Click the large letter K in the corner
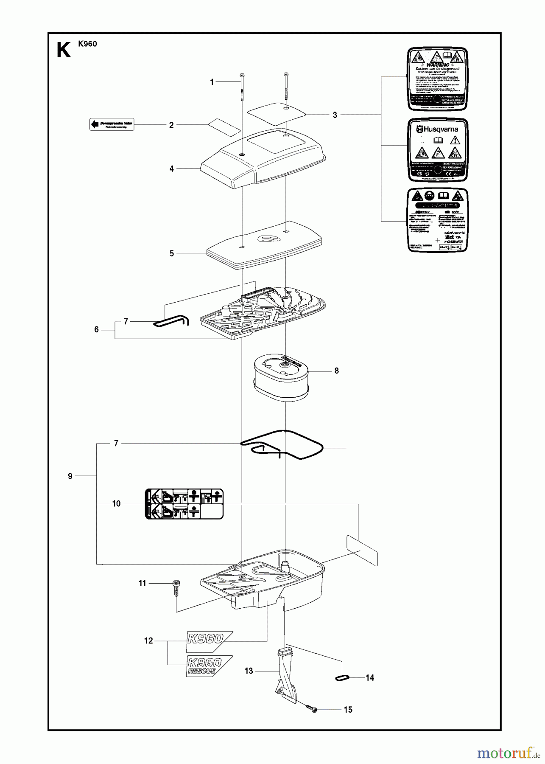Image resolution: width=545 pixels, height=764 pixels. coord(64,50)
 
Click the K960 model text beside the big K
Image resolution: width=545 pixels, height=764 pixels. coord(87,43)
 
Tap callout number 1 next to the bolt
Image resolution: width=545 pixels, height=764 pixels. coord(212,82)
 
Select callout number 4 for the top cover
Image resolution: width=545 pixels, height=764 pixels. coord(172,169)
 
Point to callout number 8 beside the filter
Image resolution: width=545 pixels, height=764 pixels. coord(337,371)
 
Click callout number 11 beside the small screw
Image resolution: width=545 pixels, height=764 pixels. coord(142,584)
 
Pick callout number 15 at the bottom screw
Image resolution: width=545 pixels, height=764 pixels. coord(348,710)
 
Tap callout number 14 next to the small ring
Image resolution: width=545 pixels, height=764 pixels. coord(370,678)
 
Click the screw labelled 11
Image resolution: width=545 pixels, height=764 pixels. coord(175,588)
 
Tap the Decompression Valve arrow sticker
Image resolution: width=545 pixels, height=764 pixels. coord(112,124)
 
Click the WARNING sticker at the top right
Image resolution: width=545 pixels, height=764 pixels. coord(437,80)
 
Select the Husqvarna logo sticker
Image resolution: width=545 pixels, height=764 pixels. coord(437,150)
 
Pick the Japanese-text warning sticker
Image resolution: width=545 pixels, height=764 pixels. coord(437,220)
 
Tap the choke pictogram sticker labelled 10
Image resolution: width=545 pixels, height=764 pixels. coord(184,504)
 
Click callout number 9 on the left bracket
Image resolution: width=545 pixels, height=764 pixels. coord(70,476)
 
